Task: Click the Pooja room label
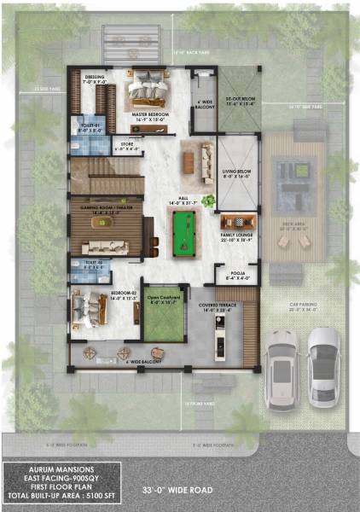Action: [236, 276]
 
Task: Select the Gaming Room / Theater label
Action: [105, 209]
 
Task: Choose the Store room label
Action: [126, 146]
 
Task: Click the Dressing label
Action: [96, 79]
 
